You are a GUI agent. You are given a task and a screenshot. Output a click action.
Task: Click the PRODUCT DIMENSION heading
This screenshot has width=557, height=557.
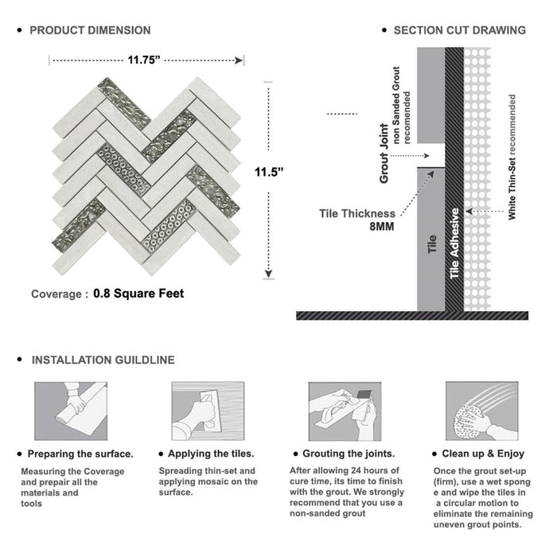tap(90, 30)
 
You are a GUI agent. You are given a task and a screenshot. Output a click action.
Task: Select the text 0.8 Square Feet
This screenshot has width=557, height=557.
tap(138, 294)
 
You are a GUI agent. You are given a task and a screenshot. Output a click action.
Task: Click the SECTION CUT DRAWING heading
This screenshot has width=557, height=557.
tap(459, 30)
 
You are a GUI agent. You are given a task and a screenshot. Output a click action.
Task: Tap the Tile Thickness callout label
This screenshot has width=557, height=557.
tap(356, 213)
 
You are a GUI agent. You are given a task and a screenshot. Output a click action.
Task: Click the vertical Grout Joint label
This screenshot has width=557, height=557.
tap(384, 154)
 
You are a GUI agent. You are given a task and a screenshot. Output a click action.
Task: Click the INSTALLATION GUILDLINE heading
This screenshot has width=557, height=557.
tap(103, 360)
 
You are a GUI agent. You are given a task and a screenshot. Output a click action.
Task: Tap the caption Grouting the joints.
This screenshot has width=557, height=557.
tap(356, 454)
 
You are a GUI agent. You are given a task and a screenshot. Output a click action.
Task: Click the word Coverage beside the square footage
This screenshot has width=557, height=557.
tap(56, 294)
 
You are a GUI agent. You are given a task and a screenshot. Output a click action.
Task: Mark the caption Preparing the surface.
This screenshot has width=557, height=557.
tap(80, 454)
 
